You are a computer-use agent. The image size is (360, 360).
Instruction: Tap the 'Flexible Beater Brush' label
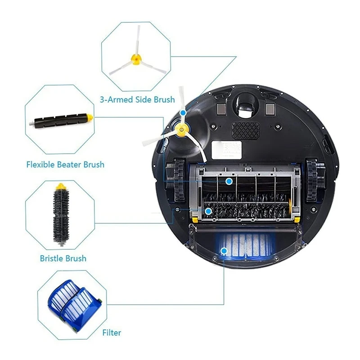66,164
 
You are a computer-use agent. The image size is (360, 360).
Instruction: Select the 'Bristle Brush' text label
63,258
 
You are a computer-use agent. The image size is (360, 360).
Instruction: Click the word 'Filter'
112,333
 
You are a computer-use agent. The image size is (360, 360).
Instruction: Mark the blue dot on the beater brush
229,181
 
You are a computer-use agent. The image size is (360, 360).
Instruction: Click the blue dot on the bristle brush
208,210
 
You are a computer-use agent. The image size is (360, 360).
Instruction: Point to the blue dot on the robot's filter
224,250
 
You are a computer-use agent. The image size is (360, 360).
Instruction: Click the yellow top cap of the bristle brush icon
59,186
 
